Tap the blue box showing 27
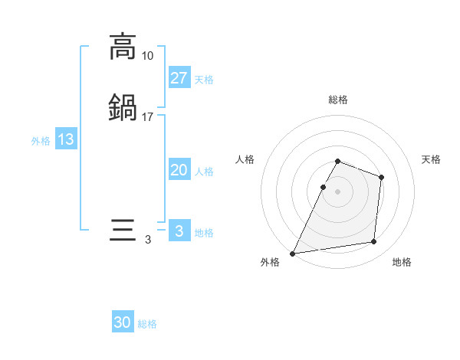click(179, 78)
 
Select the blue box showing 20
click(179, 171)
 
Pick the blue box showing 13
click(66, 140)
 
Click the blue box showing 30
click(123, 323)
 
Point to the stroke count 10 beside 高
click(147, 56)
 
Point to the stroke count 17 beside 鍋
click(147, 117)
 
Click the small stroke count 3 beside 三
click(147, 241)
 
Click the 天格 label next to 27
click(204, 80)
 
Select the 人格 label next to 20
click(204, 172)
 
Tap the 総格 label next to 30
click(148, 325)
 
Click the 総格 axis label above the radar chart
click(337, 100)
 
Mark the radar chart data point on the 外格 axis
click(293, 254)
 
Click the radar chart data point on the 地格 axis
click(374, 242)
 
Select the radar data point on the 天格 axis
click(381, 178)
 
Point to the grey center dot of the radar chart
click(337, 191)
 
